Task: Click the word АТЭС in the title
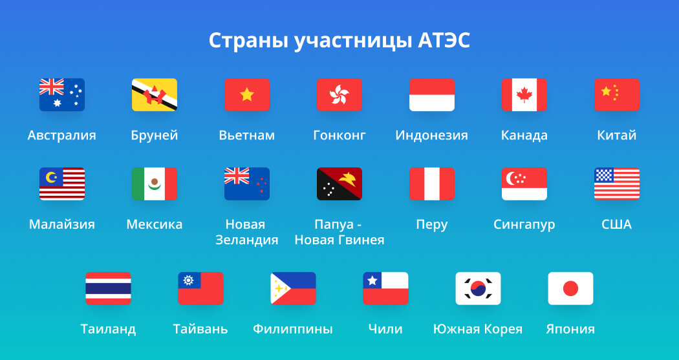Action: point(444,41)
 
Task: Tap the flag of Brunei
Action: point(155,95)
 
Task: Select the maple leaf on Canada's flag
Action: point(524,95)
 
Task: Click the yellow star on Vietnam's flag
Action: point(247,94)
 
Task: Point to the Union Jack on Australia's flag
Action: point(52,87)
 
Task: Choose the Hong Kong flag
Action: point(339,95)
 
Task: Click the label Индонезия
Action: point(432,135)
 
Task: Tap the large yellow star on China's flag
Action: point(607,91)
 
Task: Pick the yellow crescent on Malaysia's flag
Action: point(51,177)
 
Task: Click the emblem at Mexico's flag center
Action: point(155,184)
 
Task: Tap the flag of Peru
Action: point(432,184)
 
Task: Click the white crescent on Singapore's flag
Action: point(511,178)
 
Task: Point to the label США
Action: point(617,224)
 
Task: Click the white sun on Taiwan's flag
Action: point(188,281)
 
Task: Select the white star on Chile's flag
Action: point(372,281)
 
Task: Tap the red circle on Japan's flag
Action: point(570,289)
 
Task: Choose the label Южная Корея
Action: point(478,329)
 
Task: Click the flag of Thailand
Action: point(108,289)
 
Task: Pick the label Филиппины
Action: point(293,329)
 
